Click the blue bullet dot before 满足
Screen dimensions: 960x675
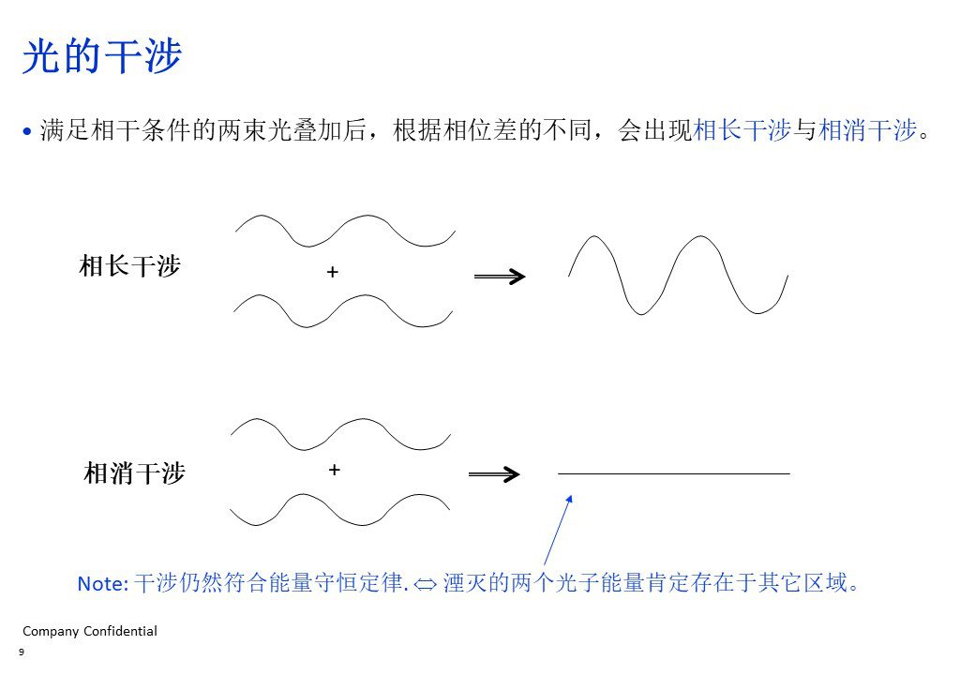point(27,131)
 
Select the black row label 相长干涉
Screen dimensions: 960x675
point(129,266)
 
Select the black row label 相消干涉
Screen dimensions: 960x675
point(134,473)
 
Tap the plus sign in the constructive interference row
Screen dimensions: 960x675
point(333,271)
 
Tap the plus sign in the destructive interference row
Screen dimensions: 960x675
point(335,470)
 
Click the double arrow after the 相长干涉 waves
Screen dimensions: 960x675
point(500,277)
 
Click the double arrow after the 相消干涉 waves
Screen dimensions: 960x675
point(494,474)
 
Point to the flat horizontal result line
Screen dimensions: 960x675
point(673,473)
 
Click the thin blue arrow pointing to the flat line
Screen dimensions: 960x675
point(558,530)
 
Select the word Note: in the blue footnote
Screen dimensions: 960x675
point(103,583)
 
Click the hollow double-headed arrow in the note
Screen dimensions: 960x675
point(425,584)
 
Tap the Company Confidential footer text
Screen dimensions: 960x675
point(90,631)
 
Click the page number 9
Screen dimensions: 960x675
point(22,652)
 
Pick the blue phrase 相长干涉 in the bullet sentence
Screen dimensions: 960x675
point(742,130)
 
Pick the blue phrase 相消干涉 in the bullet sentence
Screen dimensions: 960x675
point(867,130)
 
